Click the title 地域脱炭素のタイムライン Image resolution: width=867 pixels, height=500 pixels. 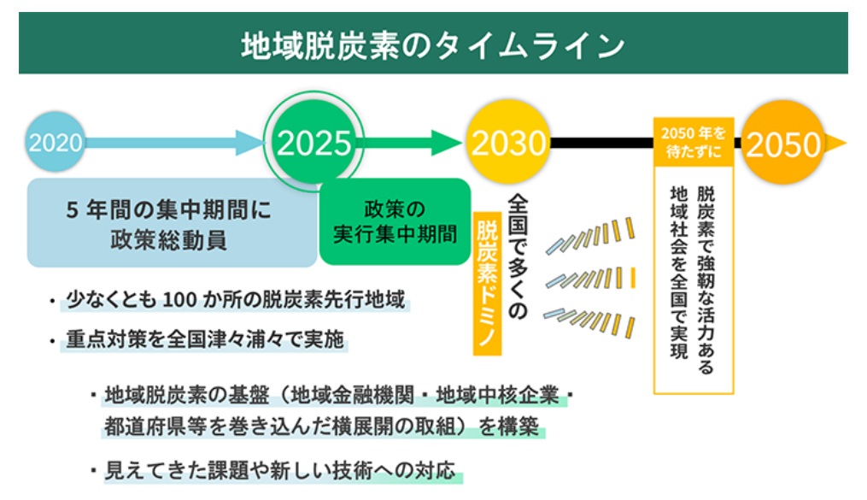click(x=433, y=45)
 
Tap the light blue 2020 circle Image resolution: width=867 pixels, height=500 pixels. click(x=56, y=142)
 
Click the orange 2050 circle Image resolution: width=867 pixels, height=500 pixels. click(x=782, y=144)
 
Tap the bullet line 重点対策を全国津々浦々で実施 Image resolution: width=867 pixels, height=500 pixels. click(x=205, y=339)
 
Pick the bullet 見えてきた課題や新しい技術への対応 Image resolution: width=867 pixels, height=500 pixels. click(x=282, y=470)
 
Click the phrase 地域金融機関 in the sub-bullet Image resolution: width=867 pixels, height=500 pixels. click(x=353, y=396)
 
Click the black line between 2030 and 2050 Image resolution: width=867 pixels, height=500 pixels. click(x=598, y=143)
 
